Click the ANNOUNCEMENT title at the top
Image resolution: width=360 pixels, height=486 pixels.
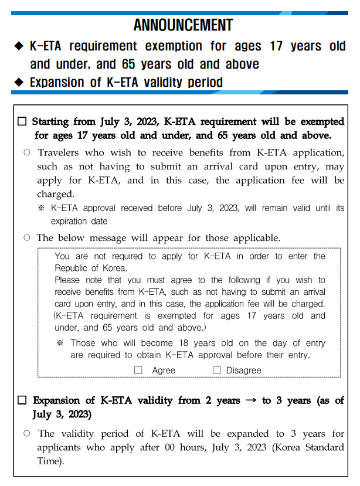pos(183,25)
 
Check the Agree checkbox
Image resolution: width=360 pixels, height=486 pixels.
pos(138,370)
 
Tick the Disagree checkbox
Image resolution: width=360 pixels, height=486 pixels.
pos(217,370)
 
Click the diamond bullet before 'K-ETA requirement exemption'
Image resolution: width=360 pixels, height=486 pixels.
pos(18,46)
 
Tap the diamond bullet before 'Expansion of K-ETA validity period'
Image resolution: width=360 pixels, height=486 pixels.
pos(18,82)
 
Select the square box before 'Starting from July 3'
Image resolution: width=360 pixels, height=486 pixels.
pos(22,122)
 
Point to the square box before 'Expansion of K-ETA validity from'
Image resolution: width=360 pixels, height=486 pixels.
pos(22,401)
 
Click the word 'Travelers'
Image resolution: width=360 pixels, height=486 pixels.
pos(57,152)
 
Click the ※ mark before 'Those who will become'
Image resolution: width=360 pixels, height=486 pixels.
pos(60,343)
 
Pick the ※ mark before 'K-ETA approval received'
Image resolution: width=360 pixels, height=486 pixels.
pos(41,208)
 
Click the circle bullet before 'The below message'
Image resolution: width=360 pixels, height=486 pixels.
pos(27,238)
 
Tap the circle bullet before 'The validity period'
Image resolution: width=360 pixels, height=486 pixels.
pos(27,434)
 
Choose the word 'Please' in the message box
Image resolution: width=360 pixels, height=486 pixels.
pos(68,280)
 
